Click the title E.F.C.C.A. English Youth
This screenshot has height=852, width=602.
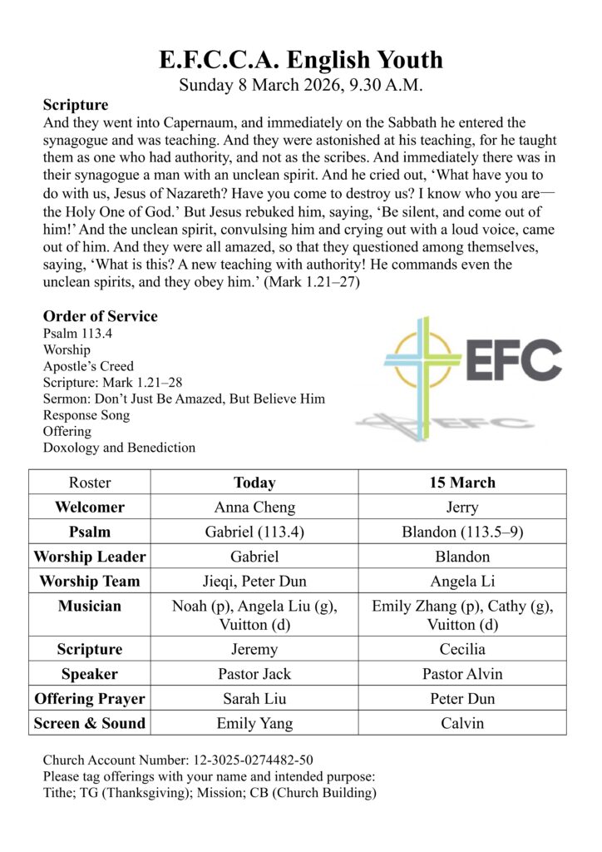[301, 60]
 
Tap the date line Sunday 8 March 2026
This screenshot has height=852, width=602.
[301, 85]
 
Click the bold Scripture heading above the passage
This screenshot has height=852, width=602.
[75, 105]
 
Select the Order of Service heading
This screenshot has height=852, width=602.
[100, 316]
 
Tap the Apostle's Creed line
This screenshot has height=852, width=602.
[88, 366]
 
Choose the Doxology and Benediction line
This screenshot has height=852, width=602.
[119, 448]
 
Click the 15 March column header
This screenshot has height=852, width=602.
[462, 483]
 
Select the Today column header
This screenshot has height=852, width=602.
[254, 483]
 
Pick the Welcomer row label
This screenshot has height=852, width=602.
[90, 508]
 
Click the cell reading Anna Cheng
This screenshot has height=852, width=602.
[254, 508]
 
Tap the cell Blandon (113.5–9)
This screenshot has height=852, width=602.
[462, 532]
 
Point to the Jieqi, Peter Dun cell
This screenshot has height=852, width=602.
[254, 582]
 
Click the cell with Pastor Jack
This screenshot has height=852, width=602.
[254, 674]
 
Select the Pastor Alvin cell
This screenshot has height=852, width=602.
[462, 674]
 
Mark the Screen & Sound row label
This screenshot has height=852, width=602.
[90, 723]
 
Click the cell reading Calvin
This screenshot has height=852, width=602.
[462, 723]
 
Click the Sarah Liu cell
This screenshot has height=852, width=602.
[254, 699]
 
